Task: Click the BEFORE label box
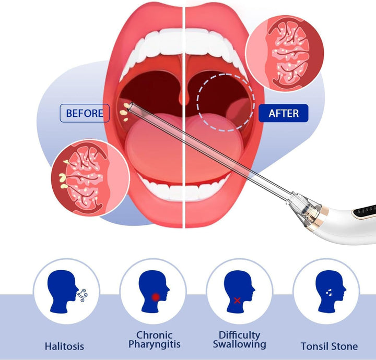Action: (x=85, y=113)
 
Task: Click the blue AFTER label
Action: (x=284, y=113)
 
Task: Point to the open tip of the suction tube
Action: (x=131, y=107)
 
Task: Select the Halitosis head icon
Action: (x=63, y=292)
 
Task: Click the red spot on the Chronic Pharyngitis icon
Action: (x=156, y=297)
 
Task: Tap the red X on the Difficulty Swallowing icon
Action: (x=237, y=300)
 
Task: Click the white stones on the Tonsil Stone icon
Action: (x=329, y=293)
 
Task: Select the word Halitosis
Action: (x=64, y=346)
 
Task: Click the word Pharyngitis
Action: (x=155, y=344)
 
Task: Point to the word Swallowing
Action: (x=240, y=344)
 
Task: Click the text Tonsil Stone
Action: (x=329, y=346)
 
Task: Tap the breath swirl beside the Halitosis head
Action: (x=83, y=295)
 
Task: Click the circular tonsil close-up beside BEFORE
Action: (x=90, y=178)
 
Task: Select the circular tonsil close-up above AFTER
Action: (x=285, y=53)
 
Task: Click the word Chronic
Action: (x=155, y=335)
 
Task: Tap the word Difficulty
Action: (x=240, y=335)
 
